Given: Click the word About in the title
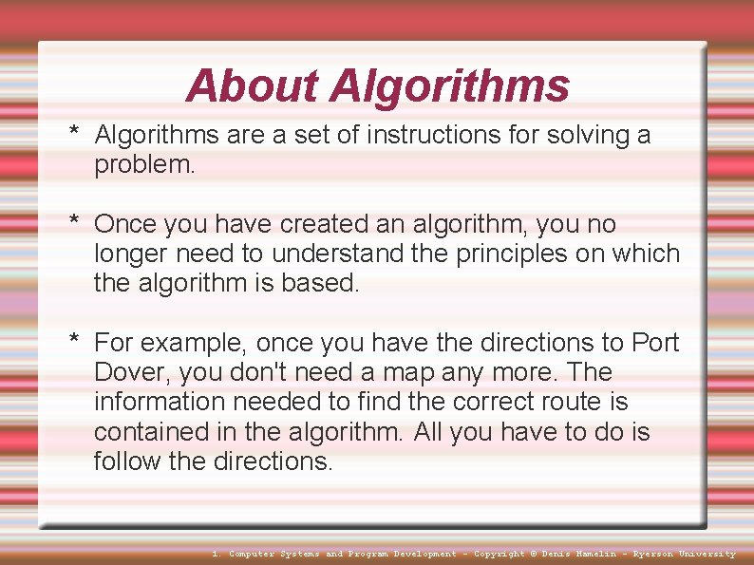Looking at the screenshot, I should click(253, 85).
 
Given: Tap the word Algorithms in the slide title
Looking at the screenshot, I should click(449, 87).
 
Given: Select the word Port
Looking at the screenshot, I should click(655, 342).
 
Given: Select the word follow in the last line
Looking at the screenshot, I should click(123, 461).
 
